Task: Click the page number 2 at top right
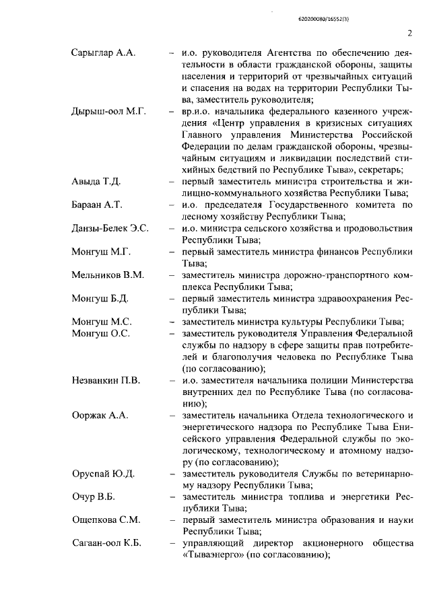[x=409, y=34]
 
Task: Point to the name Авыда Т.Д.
[x=97, y=182]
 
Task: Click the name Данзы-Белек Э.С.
[x=110, y=229]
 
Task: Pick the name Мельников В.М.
[x=108, y=275]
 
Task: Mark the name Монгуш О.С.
[x=100, y=333]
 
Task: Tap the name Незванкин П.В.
[x=106, y=382]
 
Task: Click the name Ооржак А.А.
[x=100, y=415]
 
